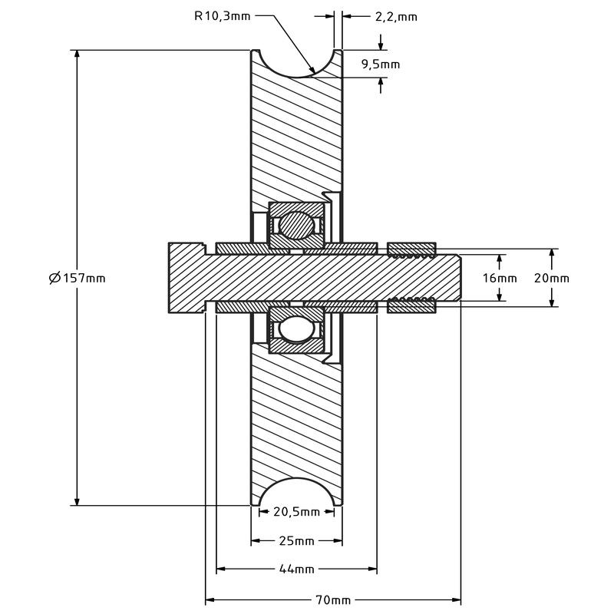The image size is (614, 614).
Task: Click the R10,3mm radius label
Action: pyautogui.click(x=223, y=15)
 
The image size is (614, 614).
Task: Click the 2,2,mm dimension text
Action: pyautogui.click(x=396, y=16)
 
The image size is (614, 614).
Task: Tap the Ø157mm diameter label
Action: pyautogui.click(x=77, y=278)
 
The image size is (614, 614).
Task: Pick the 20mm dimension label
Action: pyautogui.click(x=552, y=278)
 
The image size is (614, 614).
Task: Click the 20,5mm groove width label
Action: pyautogui.click(x=296, y=512)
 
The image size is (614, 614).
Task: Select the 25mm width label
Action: pyautogui.click(x=296, y=541)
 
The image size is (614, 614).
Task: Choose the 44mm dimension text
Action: pyautogui.click(x=296, y=569)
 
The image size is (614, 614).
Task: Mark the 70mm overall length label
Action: pyautogui.click(x=332, y=599)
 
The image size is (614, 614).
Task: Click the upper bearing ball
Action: pyautogui.click(x=296, y=225)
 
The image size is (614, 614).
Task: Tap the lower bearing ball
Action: pyautogui.click(x=296, y=328)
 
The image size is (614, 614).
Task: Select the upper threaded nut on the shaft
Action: pyautogui.click(x=412, y=249)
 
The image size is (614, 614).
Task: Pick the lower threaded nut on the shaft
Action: pyautogui.click(x=412, y=305)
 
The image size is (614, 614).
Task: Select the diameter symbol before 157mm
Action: pyautogui.click(x=54, y=278)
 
